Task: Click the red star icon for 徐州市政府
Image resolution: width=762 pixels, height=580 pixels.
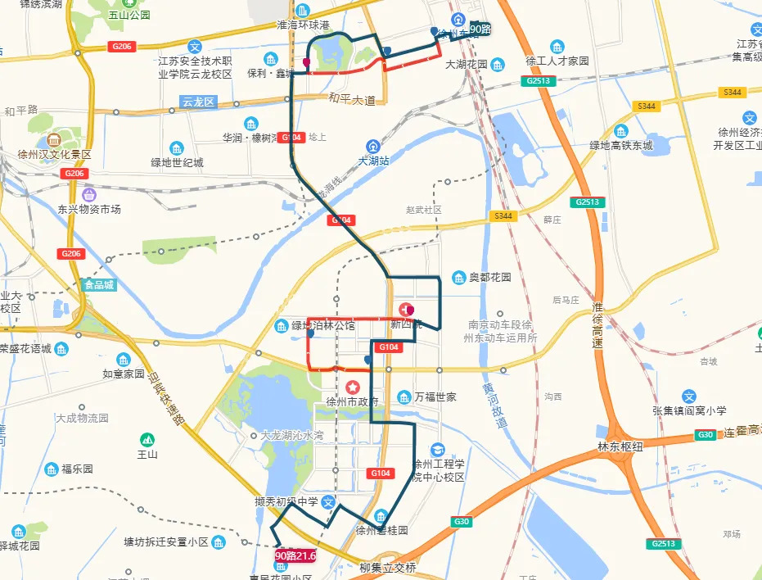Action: click(352, 387)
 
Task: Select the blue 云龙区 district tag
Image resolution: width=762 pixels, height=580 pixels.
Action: click(197, 102)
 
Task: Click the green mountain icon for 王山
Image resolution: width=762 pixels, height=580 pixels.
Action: click(147, 438)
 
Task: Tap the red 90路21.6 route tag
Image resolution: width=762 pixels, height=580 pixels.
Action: click(295, 555)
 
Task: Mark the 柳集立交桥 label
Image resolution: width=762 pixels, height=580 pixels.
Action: click(388, 568)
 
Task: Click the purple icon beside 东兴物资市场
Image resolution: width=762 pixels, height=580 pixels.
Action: click(88, 195)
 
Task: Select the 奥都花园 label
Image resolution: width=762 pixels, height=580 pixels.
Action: click(489, 278)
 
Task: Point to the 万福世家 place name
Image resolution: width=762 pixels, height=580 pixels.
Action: click(435, 397)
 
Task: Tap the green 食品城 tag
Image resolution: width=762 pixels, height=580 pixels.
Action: click(100, 286)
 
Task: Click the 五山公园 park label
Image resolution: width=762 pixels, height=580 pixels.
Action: click(129, 15)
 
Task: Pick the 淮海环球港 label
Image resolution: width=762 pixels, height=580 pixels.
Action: click(303, 25)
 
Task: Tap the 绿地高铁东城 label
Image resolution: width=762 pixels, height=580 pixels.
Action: click(621, 145)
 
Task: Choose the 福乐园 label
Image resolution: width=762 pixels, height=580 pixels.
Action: click(77, 469)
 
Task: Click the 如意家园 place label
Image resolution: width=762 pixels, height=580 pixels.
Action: click(124, 374)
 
